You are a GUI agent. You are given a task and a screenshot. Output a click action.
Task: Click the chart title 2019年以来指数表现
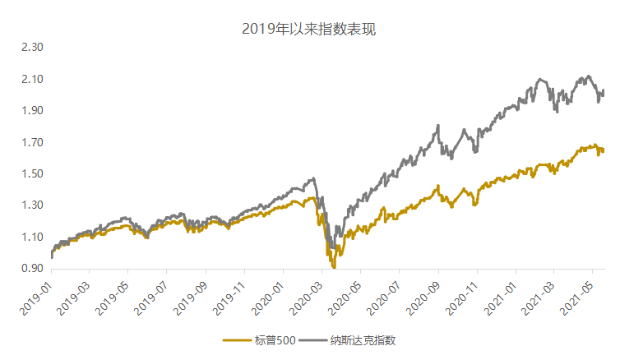coord(309,30)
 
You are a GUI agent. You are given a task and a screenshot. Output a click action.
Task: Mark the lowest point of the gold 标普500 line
coord(334,267)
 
